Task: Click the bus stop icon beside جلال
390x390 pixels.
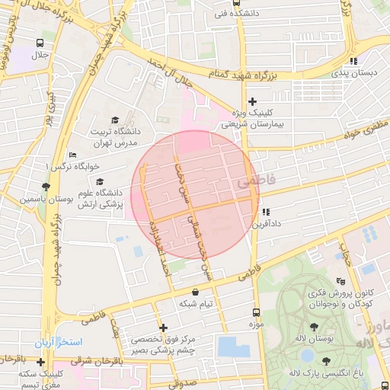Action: pyautogui.click(x=39, y=43)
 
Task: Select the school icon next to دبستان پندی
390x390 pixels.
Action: pyautogui.click(x=353, y=61)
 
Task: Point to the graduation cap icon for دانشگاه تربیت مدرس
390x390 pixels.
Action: pyautogui.click(x=114, y=120)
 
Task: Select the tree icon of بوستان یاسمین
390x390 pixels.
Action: pyautogui.click(x=46, y=186)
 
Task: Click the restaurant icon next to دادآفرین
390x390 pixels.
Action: pyautogui.click(x=266, y=213)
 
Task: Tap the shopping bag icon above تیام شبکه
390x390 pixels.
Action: pyautogui.click(x=196, y=291)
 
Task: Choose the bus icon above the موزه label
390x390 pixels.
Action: pyautogui.click(x=255, y=312)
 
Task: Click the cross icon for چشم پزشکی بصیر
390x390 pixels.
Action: pyautogui.click(x=161, y=328)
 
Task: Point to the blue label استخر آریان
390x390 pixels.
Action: pyautogui.click(x=56, y=342)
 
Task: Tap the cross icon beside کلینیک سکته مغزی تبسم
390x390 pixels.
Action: pyautogui.click(x=40, y=362)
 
